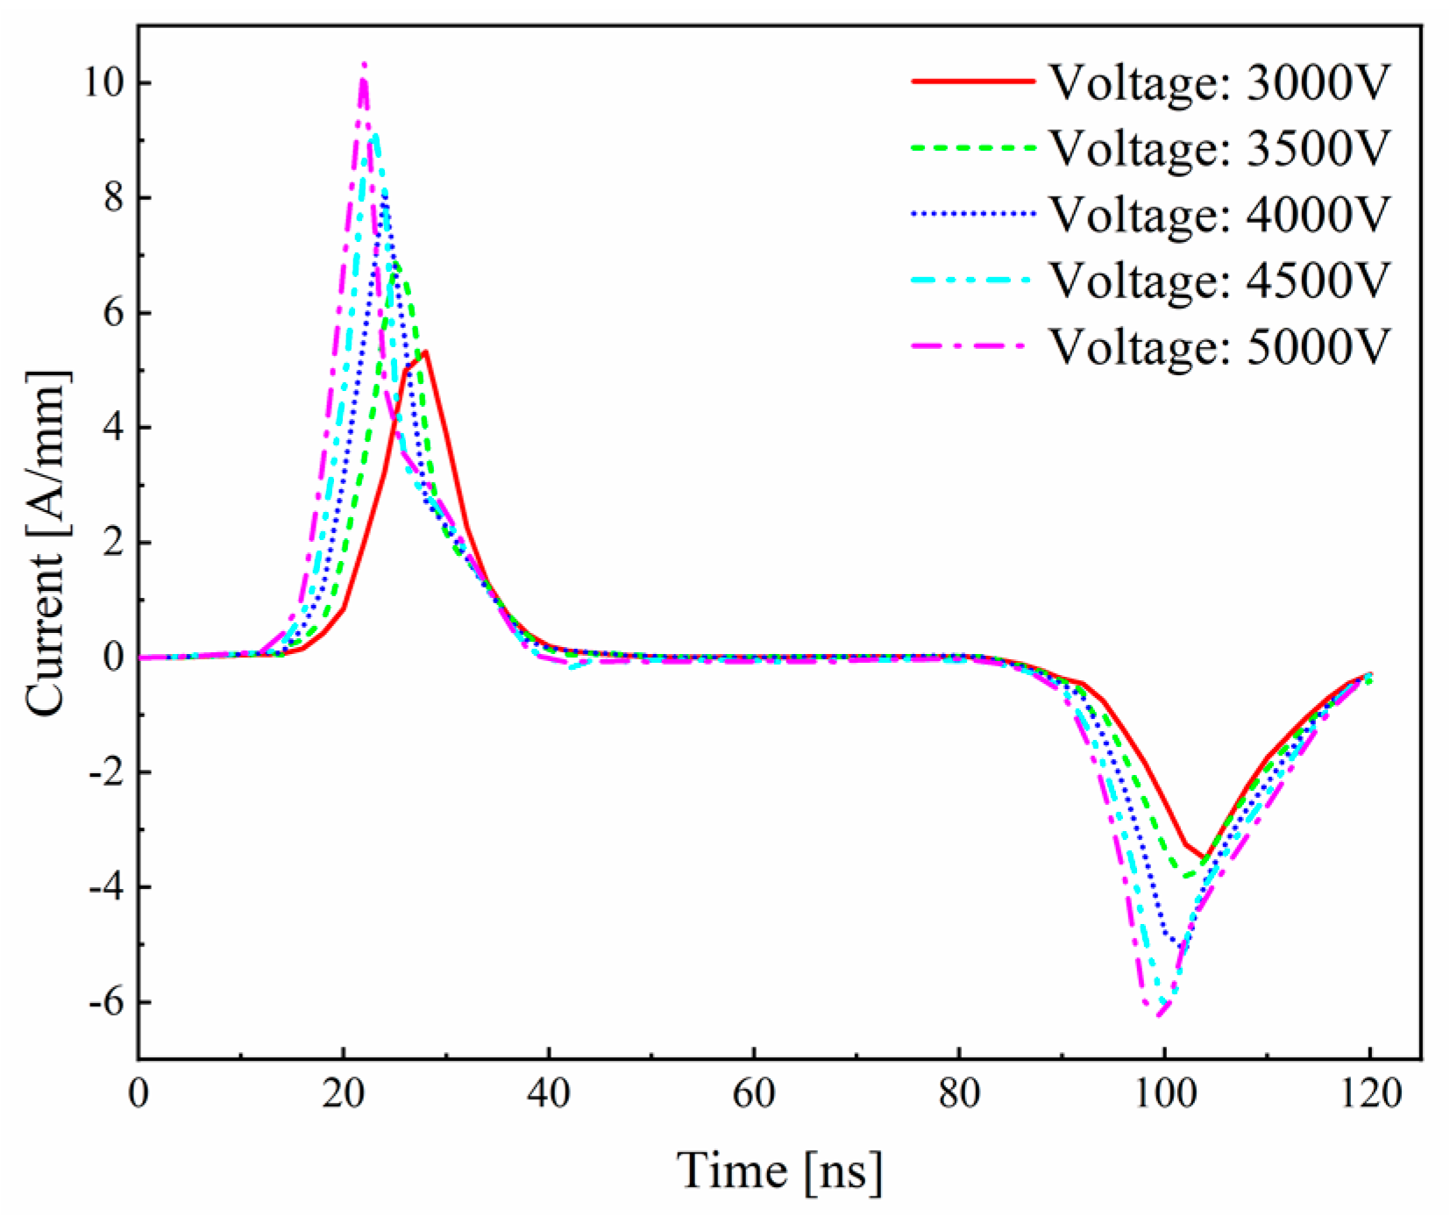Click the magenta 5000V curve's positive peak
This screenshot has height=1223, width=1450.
364,65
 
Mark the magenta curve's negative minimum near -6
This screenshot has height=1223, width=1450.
1159,1015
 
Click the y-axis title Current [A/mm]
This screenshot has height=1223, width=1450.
46,544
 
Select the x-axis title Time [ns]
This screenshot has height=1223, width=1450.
779,1170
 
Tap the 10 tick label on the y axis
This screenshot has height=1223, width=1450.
104,83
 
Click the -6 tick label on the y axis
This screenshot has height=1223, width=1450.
106,1002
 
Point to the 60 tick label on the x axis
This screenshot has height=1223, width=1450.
754,1093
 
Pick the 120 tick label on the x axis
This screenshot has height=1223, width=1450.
1368,1093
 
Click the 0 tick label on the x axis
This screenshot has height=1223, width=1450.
139,1093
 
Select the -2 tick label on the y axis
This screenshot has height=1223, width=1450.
106,772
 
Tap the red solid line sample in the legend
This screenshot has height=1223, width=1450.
973,81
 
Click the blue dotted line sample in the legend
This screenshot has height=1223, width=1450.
973,213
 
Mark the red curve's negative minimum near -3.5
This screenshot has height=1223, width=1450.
1205,858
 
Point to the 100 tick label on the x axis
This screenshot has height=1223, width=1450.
1163,1093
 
